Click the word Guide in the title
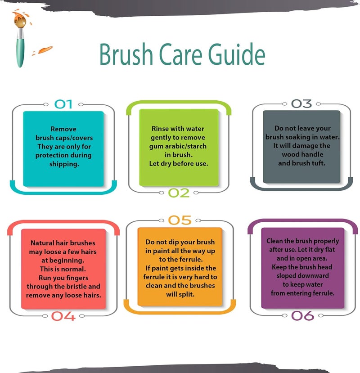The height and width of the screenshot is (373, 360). point(237,54)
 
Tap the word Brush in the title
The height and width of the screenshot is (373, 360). point(126,54)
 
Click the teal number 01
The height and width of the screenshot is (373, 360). point(63,104)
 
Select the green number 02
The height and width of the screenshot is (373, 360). point(179,193)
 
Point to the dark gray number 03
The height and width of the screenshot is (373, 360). point(301,104)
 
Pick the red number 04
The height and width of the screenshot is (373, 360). point(63,316)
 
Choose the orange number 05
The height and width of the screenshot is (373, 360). point(180,220)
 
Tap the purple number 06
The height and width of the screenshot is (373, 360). point(303,316)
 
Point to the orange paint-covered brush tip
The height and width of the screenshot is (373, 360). point(19,20)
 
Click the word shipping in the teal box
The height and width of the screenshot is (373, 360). point(64,164)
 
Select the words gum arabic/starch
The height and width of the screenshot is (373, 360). point(178,146)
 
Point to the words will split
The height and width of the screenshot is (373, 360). point(180,294)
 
